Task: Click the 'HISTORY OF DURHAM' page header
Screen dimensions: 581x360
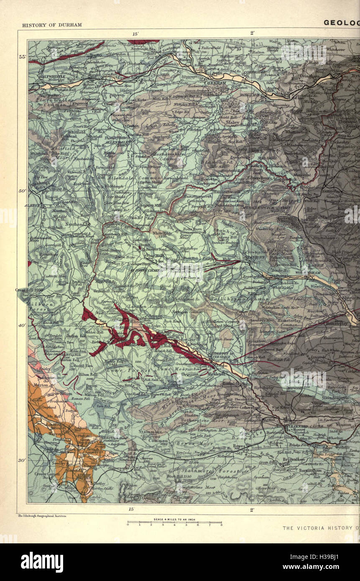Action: coord(52,25)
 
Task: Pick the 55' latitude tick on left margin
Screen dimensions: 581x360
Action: coord(22,57)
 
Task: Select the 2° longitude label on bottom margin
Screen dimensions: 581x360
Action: coord(253,510)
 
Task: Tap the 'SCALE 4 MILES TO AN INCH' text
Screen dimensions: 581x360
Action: coord(174,520)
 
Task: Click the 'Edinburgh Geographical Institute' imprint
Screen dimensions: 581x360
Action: coord(43,517)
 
